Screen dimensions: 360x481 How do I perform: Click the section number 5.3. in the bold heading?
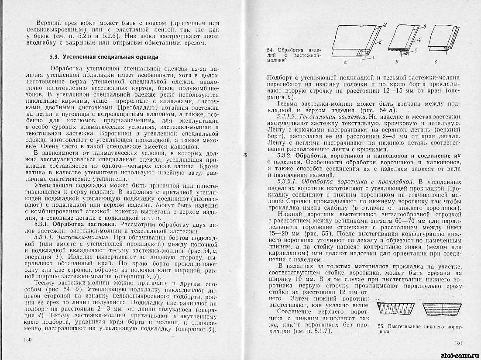pos(55,57)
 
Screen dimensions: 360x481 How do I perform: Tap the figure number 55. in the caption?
pos(381,326)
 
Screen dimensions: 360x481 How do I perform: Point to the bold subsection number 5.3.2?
pos(288,156)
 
